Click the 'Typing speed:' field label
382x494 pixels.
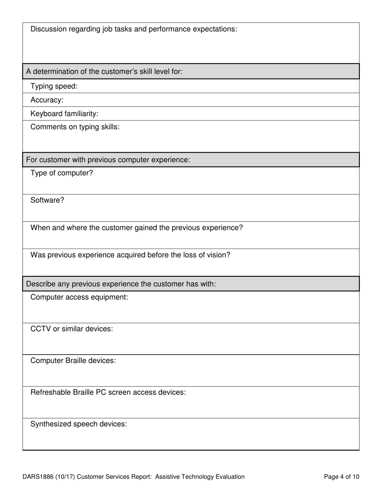coord(54,86)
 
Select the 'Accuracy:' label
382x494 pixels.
coord(47,100)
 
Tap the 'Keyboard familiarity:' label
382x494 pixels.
coord(64,114)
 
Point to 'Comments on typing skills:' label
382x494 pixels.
coord(75,127)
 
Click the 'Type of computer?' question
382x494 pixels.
coord(62,173)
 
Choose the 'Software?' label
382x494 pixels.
coord(47,200)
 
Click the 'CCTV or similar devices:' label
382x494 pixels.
coord(72,329)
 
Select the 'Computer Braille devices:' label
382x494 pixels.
coord(73,361)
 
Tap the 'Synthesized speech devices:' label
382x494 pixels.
coord(79,424)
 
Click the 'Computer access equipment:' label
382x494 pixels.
coord(79,297)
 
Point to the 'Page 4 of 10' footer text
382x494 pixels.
coord(341,477)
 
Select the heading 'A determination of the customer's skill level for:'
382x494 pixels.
coord(104,71)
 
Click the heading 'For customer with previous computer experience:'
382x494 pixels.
coord(108,160)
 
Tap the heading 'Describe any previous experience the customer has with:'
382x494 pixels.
coord(121,284)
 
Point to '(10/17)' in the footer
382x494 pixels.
coord(65,477)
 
